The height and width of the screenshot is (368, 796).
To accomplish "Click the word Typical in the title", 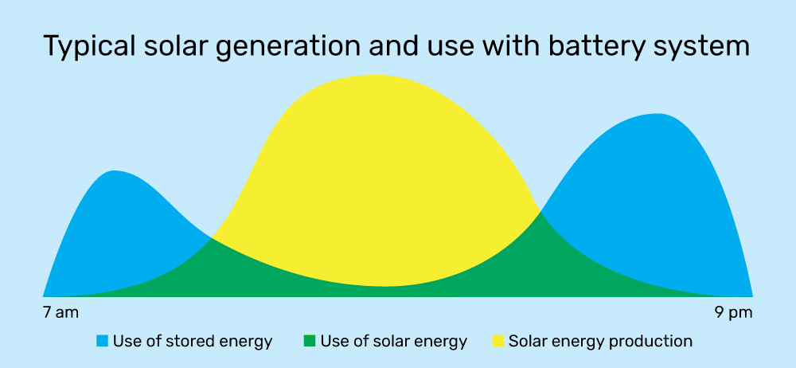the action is (x=89, y=46).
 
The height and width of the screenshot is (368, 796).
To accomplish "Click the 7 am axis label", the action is (x=61, y=312).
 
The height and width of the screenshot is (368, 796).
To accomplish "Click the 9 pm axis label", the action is (x=734, y=312).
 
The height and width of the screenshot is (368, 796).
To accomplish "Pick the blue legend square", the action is (x=103, y=341).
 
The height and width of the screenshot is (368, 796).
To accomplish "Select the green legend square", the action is (x=309, y=341).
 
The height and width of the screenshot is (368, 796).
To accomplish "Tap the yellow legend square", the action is (x=498, y=341).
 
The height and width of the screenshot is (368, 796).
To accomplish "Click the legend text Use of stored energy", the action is (x=193, y=342).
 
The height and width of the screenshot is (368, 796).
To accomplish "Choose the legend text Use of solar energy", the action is (x=393, y=342).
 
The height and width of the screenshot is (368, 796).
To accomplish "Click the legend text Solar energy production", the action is (x=600, y=342).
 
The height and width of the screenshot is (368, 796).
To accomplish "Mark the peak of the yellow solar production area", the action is (x=375, y=76).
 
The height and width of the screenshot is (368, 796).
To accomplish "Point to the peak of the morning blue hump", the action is (x=115, y=171).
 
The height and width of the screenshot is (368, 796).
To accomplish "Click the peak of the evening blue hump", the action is (x=657, y=115).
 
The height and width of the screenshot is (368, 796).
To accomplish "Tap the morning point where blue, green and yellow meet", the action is (x=213, y=238).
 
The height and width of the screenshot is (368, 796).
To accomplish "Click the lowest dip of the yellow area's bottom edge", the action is (x=384, y=286).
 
